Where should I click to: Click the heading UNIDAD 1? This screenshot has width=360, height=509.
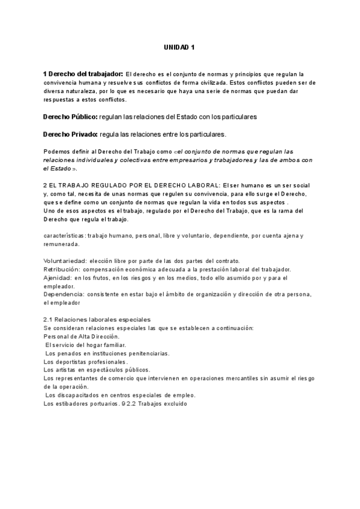pos(179,47)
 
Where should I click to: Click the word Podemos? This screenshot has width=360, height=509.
pos(57,151)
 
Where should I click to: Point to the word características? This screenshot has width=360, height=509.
pos(64,236)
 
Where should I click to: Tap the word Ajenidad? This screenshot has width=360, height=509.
pos(58,278)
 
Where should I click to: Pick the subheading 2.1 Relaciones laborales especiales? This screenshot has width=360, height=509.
pos(97,319)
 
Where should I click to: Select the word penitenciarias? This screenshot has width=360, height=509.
pos(148,354)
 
